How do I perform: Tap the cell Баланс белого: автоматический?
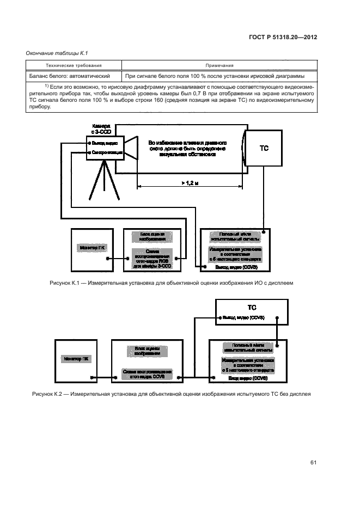70,76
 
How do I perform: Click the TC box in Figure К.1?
263,149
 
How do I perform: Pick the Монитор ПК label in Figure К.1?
93,248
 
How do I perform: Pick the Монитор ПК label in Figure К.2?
76,359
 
